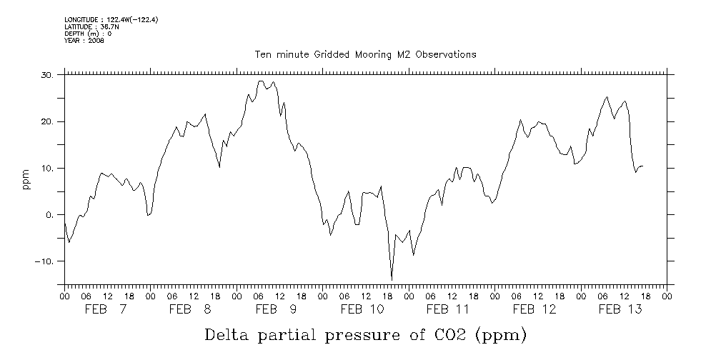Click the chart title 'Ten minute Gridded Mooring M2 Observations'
tap(365, 55)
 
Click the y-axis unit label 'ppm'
tap(25, 180)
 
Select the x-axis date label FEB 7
tap(106, 309)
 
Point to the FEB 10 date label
tap(364, 309)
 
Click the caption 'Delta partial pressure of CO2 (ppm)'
tap(365, 336)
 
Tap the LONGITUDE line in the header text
tap(111, 20)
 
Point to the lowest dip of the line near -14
tap(392, 279)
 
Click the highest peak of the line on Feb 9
tap(261, 81)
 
